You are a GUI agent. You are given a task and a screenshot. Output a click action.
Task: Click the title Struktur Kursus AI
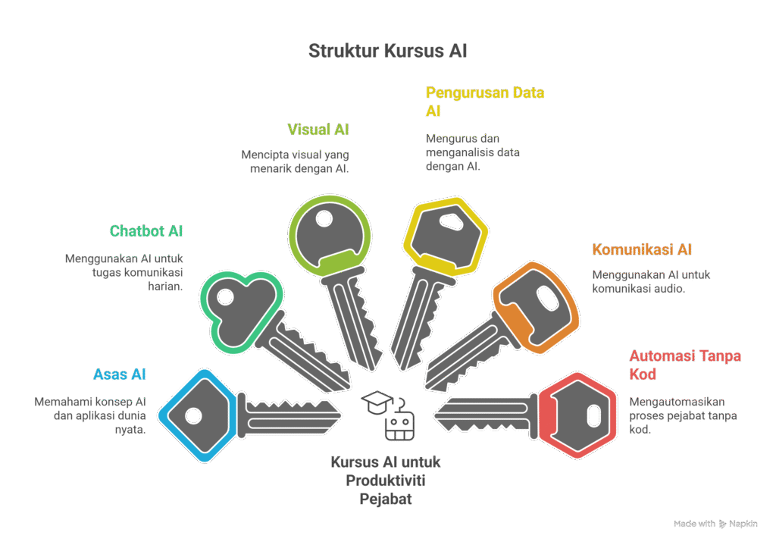click(387, 52)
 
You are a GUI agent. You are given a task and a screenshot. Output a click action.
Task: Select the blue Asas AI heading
click(119, 374)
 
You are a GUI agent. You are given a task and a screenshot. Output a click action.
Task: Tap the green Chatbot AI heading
click(146, 231)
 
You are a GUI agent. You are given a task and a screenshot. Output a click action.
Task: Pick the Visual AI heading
click(318, 130)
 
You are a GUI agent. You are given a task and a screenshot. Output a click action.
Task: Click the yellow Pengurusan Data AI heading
click(485, 102)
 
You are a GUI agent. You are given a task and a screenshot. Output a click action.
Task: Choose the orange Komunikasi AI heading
click(642, 250)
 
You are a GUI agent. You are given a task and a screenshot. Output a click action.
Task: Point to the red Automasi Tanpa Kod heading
click(685, 365)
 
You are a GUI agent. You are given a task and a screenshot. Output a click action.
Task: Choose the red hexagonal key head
click(582, 415)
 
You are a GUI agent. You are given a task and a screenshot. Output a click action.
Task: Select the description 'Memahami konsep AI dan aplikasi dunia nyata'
click(89, 415)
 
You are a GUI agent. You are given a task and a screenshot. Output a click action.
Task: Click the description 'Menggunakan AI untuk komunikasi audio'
click(651, 282)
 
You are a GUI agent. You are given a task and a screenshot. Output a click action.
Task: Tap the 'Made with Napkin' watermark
click(715, 524)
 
